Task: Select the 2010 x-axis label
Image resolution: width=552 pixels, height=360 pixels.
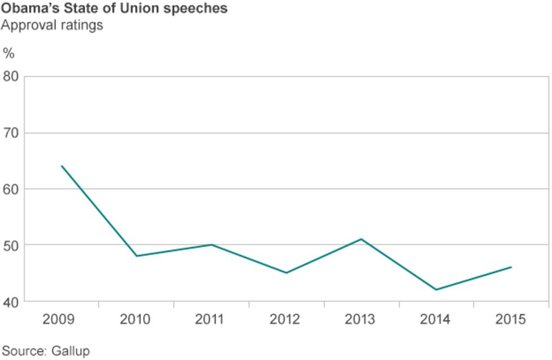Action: point(135,320)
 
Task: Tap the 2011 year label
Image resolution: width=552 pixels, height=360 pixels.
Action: point(210,320)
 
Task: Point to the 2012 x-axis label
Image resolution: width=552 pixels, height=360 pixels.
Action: point(285,320)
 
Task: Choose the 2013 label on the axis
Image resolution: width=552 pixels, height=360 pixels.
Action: point(360,320)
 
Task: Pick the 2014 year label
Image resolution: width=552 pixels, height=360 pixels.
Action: point(435,320)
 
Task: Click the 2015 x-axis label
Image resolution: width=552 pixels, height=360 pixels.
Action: point(510,320)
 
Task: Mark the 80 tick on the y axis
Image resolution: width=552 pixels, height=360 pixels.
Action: point(11,76)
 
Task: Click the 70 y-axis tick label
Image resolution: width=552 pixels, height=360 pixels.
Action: point(11,133)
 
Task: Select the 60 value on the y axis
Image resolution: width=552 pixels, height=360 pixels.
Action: point(11,189)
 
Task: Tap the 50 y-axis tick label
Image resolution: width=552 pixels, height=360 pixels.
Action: point(11,245)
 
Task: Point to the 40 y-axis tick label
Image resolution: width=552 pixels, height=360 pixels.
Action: point(11,301)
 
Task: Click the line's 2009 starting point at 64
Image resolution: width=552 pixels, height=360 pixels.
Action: point(61,166)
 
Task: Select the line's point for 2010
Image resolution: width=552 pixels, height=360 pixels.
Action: point(136,256)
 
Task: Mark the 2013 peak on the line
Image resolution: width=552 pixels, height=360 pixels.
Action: point(361,239)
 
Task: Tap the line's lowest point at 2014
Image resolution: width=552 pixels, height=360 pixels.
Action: point(436,290)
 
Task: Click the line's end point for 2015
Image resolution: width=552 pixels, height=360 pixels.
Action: point(511,267)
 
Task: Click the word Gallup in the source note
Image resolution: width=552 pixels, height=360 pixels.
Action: point(70,351)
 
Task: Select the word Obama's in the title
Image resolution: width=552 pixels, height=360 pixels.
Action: point(26,10)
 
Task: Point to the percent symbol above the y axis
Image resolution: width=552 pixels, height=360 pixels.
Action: point(8,54)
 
